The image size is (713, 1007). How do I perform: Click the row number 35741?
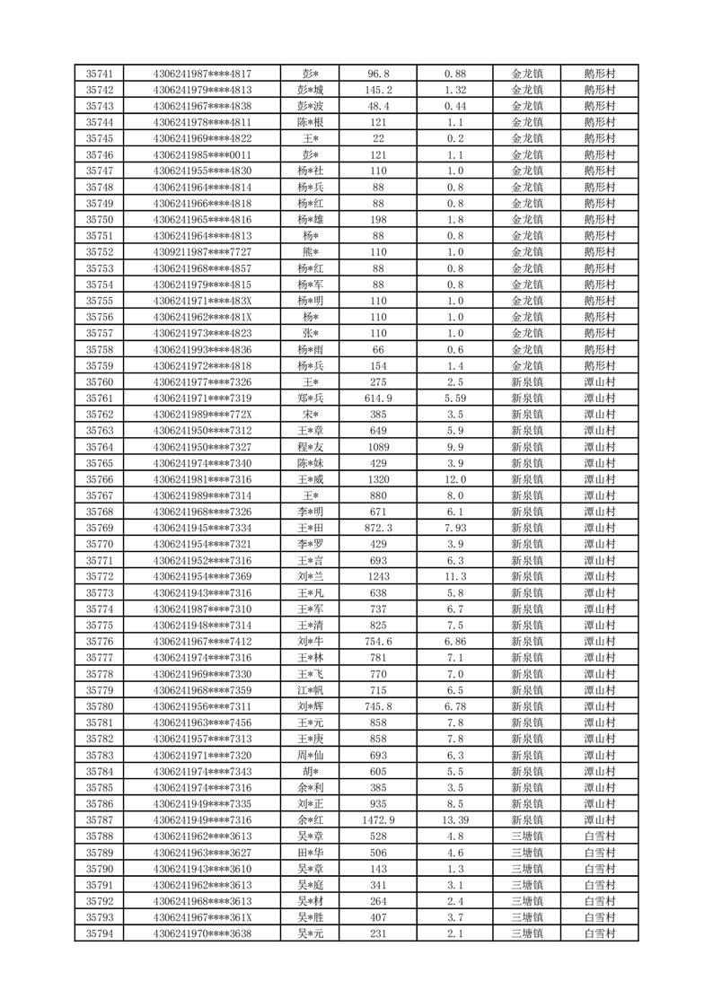click(99, 74)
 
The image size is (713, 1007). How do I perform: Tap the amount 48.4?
click(378, 106)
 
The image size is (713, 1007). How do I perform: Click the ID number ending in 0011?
click(203, 154)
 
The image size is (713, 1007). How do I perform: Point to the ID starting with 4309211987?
click(203, 252)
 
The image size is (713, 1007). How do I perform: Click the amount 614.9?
click(378, 398)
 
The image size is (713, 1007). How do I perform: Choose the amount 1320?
click(378, 479)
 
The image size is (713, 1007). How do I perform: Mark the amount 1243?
click(378, 576)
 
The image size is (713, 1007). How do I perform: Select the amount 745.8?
click(378, 706)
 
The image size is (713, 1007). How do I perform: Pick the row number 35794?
click(99, 933)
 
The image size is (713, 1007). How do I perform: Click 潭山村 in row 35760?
click(599, 381)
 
